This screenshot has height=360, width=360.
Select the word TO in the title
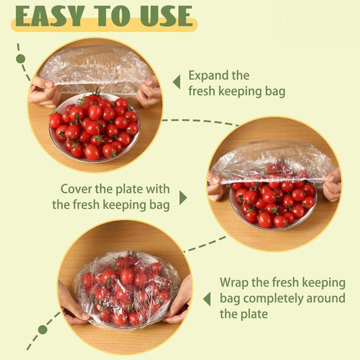point(107,16)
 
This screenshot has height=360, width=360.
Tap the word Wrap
point(235,282)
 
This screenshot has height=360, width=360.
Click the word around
point(324,298)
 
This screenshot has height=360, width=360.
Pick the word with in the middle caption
point(155,189)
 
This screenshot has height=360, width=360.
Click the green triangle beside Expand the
point(176,82)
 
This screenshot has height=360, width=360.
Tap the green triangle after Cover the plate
point(182,197)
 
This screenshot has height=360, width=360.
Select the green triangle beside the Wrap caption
point(207,298)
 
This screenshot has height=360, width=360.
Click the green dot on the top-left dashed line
point(20,59)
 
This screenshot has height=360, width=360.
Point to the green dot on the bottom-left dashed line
point(43,330)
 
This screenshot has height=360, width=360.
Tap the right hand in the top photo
point(149,91)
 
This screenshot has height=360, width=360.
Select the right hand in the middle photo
point(332,185)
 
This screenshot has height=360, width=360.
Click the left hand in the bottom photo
point(70,303)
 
